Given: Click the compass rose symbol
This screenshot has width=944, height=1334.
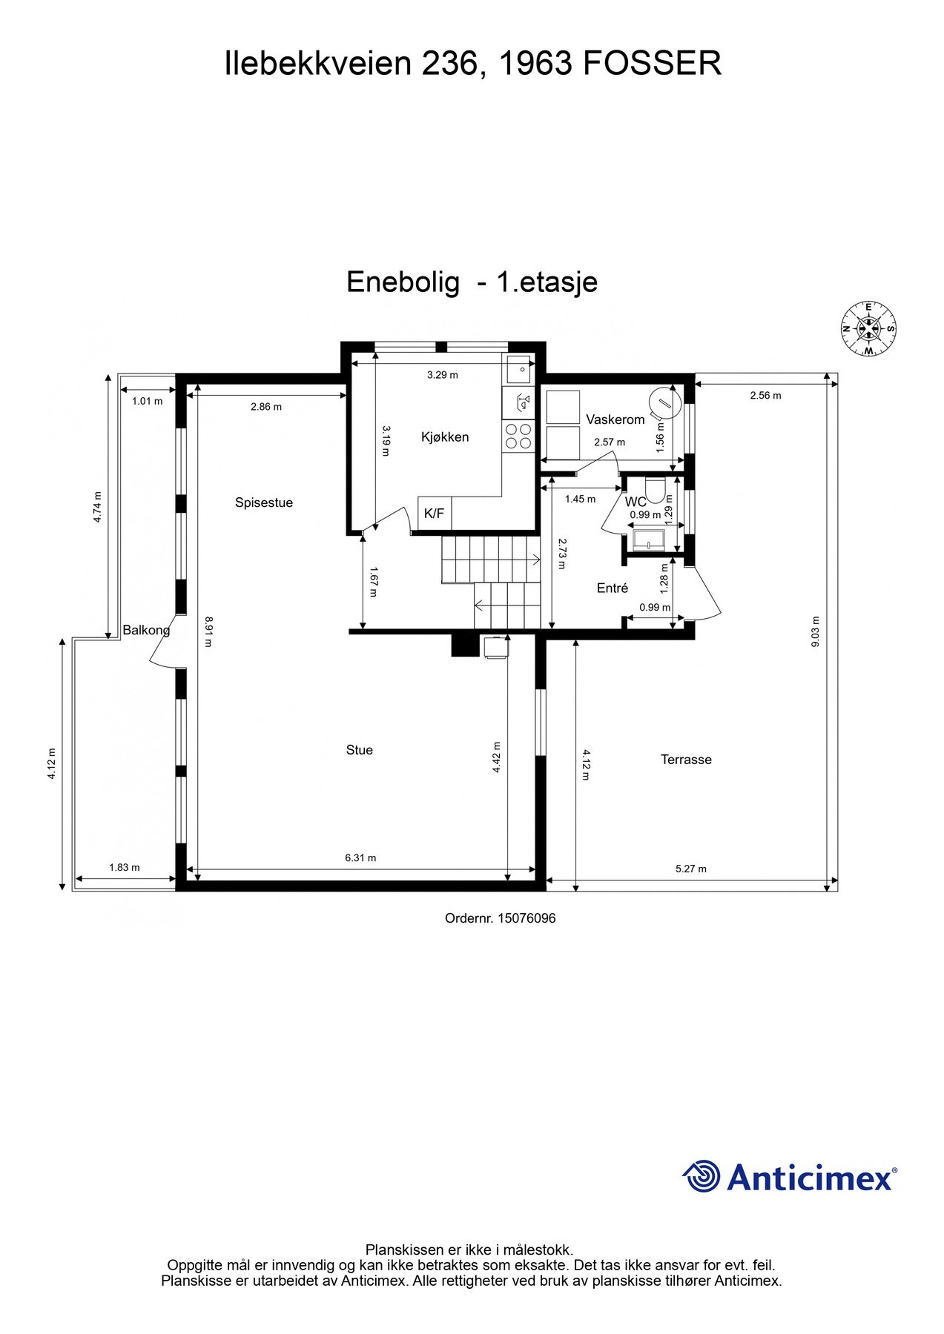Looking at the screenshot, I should [868, 328].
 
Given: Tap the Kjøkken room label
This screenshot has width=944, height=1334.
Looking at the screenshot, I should [445, 437].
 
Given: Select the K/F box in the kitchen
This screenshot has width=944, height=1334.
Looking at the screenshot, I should [435, 513].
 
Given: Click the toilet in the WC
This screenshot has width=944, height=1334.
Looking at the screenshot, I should [654, 489].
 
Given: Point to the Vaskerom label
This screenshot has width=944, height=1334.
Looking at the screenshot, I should [615, 419].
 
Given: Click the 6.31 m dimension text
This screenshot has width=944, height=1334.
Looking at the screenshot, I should [360, 857].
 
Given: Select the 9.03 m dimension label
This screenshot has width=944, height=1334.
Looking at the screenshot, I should [815, 631].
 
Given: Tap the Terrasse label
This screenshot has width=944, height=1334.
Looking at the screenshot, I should [686, 760].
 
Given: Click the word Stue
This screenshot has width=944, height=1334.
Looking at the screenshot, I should [359, 750].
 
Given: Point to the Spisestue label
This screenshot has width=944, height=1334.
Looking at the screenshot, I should [264, 502].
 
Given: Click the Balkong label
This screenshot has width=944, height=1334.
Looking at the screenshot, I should [146, 630].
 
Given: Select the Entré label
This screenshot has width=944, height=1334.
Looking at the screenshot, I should [613, 588].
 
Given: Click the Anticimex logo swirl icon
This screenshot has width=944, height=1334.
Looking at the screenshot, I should [701, 1176].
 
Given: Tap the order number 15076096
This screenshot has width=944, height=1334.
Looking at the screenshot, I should [526, 918].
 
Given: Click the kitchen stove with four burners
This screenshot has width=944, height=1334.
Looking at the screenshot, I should [518, 436].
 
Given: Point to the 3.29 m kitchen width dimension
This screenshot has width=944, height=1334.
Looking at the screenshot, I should [443, 375].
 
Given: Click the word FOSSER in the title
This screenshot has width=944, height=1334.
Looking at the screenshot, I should [653, 64].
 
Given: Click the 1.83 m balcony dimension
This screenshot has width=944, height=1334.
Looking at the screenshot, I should [125, 867].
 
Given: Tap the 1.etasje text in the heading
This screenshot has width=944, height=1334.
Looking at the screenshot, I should [547, 282].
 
